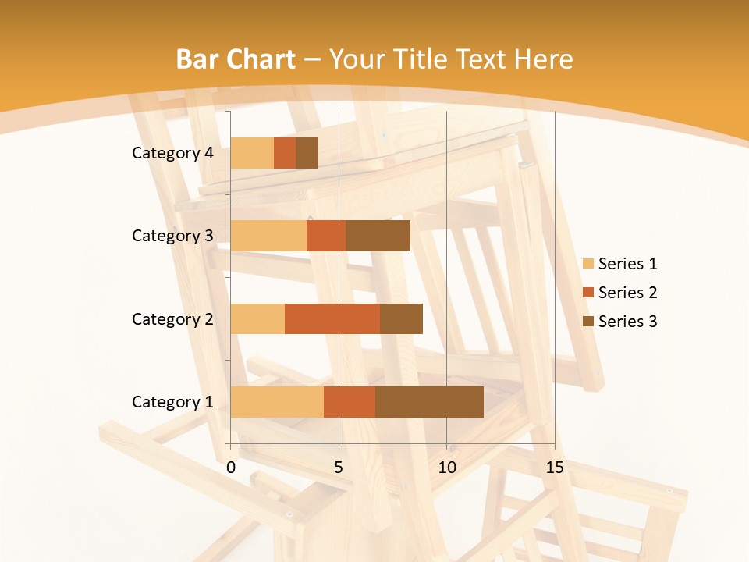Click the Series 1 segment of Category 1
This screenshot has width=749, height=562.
[x=277, y=402]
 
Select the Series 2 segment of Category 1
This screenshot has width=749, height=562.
[x=350, y=402]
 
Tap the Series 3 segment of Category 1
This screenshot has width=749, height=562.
[x=429, y=402]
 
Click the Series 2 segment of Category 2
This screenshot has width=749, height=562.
[x=332, y=318]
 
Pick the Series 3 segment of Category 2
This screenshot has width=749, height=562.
[x=401, y=318]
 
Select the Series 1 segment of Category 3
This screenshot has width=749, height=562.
[x=268, y=236]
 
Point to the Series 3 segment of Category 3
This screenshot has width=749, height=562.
[x=378, y=236]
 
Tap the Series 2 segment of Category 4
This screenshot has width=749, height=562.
[x=285, y=153]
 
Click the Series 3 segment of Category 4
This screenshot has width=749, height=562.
[x=307, y=153]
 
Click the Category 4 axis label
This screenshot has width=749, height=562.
[x=172, y=153]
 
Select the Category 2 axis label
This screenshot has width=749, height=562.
[x=172, y=318]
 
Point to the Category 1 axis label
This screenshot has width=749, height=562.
[x=172, y=402]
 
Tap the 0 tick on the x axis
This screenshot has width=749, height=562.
[x=231, y=468]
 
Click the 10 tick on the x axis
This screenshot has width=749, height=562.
[x=446, y=468]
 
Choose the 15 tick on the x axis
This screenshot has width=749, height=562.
[x=555, y=468]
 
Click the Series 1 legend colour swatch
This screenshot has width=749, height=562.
[x=588, y=264]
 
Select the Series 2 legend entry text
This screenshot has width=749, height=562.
[x=627, y=293]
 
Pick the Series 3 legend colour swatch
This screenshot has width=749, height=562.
[x=588, y=322]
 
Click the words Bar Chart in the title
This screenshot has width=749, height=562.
[x=236, y=59]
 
